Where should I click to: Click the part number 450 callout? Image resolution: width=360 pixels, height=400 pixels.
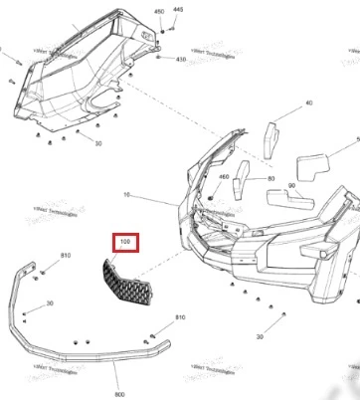coord(158,11)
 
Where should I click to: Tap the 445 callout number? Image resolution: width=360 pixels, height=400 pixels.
coord(178,8)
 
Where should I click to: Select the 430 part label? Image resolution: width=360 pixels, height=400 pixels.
coord(181,60)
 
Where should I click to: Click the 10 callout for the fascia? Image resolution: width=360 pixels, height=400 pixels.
coord(155,193)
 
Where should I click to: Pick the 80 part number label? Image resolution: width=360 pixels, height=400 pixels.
coord(271,178)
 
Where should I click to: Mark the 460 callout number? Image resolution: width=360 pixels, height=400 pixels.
coord(224,177)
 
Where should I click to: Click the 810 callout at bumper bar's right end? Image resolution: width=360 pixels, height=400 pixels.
coord(180,344)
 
